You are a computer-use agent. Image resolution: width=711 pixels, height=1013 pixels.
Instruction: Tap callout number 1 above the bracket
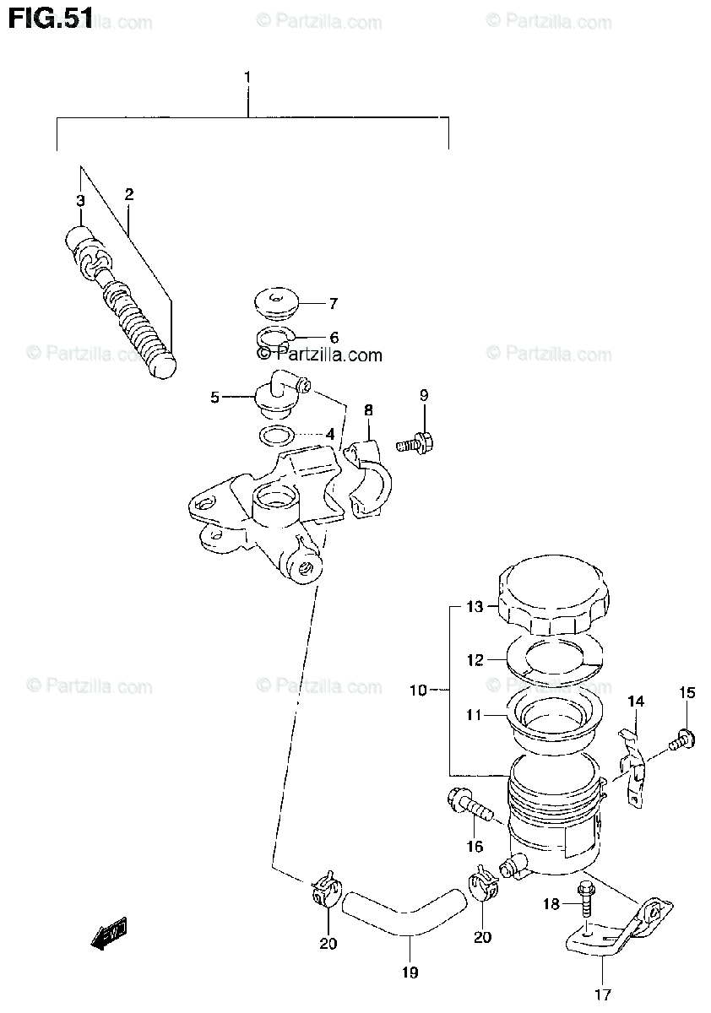pos(247,78)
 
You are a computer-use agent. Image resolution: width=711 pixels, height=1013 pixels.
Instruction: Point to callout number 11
pos(473,715)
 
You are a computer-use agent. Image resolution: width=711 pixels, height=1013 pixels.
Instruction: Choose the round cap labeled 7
pos(275,303)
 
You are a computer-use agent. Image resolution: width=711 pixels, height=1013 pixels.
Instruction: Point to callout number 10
pos(420,691)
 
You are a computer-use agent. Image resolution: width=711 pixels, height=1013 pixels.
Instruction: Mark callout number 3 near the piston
pos(80,201)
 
